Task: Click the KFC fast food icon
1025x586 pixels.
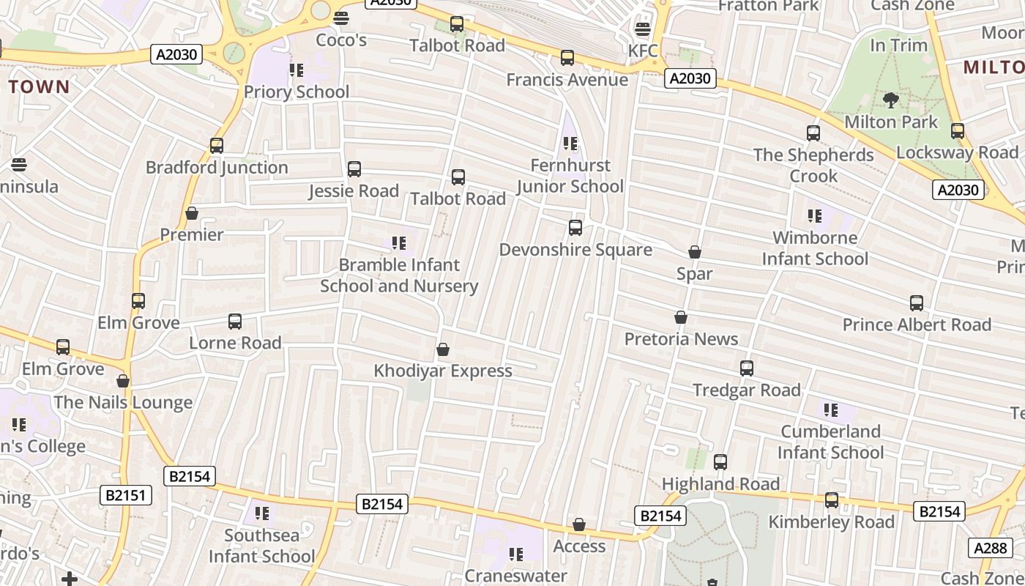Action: click(x=643, y=29)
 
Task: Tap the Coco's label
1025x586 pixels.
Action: click(x=341, y=40)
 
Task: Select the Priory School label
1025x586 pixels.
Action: click(x=297, y=92)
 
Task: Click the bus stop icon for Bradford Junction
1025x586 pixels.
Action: click(x=216, y=145)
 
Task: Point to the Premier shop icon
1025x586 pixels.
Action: click(x=192, y=213)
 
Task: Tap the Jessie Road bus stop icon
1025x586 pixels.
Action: click(x=354, y=169)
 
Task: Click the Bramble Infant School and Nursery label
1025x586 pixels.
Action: click(x=399, y=275)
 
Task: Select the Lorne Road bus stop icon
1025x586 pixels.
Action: click(x=235, y=321)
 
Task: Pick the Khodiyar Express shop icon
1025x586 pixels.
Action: click(x=443, y=349)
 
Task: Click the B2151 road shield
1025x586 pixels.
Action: click(x=126, y=495)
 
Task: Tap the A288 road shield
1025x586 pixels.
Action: click(x=992, y=547)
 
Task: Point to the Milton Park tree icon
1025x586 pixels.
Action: click(x=891, y=100)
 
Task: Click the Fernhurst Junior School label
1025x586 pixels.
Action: click(x=570, y=176)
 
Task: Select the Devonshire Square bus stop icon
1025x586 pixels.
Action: click(x=575, y=228)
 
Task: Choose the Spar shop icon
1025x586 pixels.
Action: click(x=695, y=252)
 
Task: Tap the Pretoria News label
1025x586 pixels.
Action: click(x=681, y=339)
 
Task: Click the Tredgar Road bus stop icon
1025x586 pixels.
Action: click(x=747, y=368)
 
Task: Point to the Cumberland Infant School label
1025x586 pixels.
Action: click(x=830, y=442)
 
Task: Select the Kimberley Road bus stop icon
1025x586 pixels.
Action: click(x=832, y=500)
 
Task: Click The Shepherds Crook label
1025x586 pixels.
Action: click(x=813, y=166)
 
